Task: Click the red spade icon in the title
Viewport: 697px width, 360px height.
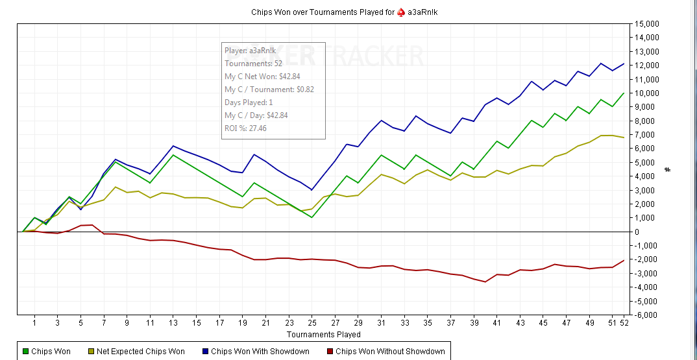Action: tap(400, 12)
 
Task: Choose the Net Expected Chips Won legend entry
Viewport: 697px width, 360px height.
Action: tap(136, 352)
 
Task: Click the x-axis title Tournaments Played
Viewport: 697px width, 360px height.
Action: tap(323, 335)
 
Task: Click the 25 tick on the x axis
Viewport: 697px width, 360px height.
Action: tap(312, 322)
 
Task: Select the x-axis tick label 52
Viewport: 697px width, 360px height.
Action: tap(624, 322)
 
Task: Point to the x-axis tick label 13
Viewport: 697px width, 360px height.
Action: tap(173, 322)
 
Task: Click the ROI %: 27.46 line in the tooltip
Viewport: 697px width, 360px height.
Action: tap(245, 128)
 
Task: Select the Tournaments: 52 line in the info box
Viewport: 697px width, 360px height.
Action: tap(253, 64)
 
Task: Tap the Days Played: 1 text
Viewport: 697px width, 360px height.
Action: tap(249, 102)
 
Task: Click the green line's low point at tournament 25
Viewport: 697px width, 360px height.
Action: tap(312, 217)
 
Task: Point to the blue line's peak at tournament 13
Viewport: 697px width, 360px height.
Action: tap(173, 146)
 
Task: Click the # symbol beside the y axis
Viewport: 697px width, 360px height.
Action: tap(668, 169)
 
